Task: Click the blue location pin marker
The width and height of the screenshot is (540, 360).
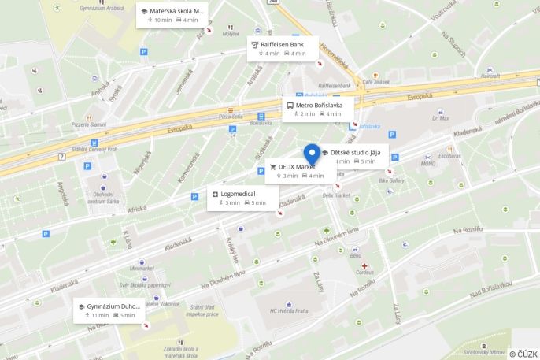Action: (313, 154)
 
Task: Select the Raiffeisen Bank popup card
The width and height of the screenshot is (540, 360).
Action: (283, 49)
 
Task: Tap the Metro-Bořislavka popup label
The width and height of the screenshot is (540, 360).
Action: (317, 109)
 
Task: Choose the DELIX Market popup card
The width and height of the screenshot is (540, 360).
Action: (295, 171)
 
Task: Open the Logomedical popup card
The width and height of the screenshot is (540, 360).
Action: (239, 198)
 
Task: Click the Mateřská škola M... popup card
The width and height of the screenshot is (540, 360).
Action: (172, 15)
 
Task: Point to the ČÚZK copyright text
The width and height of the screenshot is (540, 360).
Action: (523, 354)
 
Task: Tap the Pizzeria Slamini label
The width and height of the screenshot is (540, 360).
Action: (89, 124)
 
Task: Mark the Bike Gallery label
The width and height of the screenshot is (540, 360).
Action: (390, 180)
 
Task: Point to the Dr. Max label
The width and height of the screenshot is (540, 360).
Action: (440, 119)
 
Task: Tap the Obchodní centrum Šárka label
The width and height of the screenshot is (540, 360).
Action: (103, 198)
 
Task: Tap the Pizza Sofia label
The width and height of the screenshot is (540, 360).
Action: (231, 117)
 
